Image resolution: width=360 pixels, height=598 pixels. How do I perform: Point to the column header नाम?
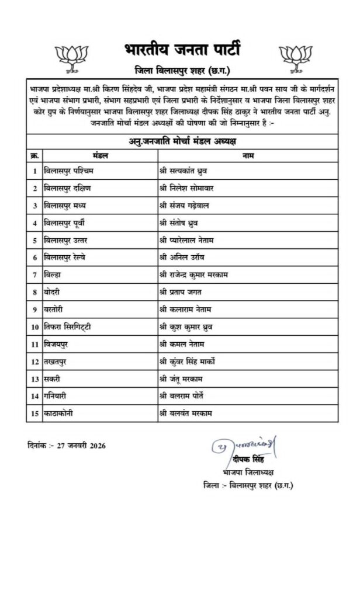(x=247, y=156)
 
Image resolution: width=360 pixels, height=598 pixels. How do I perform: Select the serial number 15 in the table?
(x=34, y=413)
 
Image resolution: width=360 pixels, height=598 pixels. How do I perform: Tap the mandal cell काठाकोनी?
(x=61, y=413)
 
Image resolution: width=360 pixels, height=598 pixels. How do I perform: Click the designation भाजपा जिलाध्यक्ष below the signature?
(x=244, y=472)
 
